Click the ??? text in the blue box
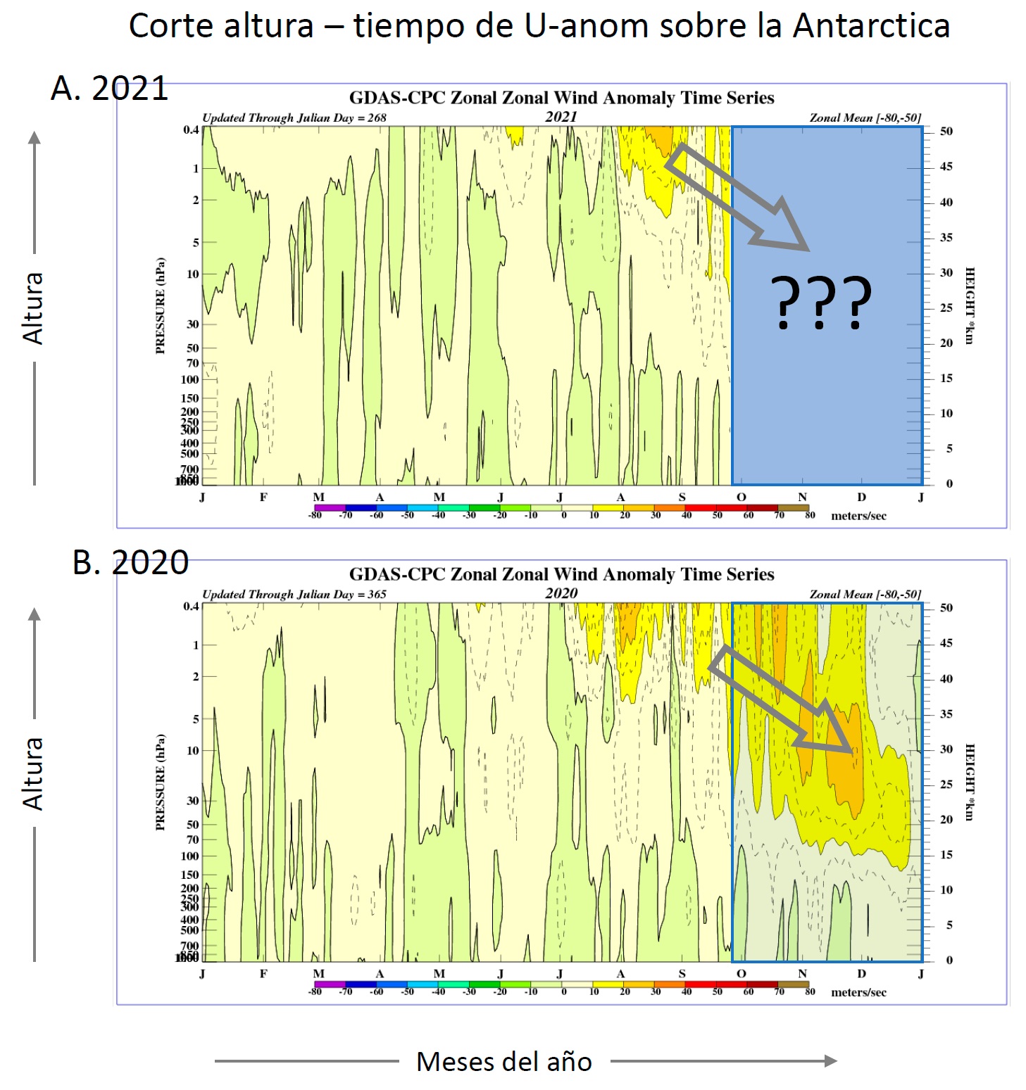pyautogui.click(x=821, y=302)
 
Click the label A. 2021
pyautogui.click(x=109, y=89)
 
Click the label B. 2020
pyautogui.click(x=130, y=563)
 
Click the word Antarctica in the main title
pyautogui.click(x=871, y=26)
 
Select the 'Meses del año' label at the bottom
pyautogui.click(x=504, y=1061)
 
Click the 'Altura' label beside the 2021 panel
pyautogui.click(x=33, y=308)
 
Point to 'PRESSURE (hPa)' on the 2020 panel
pyautogui.click(x=161, y=782)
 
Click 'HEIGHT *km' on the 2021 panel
pyautogui.click(x=970, y=305)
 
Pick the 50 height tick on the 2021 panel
pyautogui.click(x=946, y=132)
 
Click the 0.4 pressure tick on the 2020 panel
pyautogui.click(x=191, y=606)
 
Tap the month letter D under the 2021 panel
pyautogui.click(x=861, y=497)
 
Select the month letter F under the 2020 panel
pyautogui.click(x=263, y=973)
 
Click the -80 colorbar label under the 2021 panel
pyautogui.click(x=315, y=515)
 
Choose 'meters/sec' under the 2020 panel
pyautogui.click(x=858, y=992)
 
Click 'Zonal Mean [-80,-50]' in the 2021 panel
pyautogui.click(x=865, y=118)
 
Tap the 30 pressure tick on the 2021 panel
pyautogui.click(x=192, y=324)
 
